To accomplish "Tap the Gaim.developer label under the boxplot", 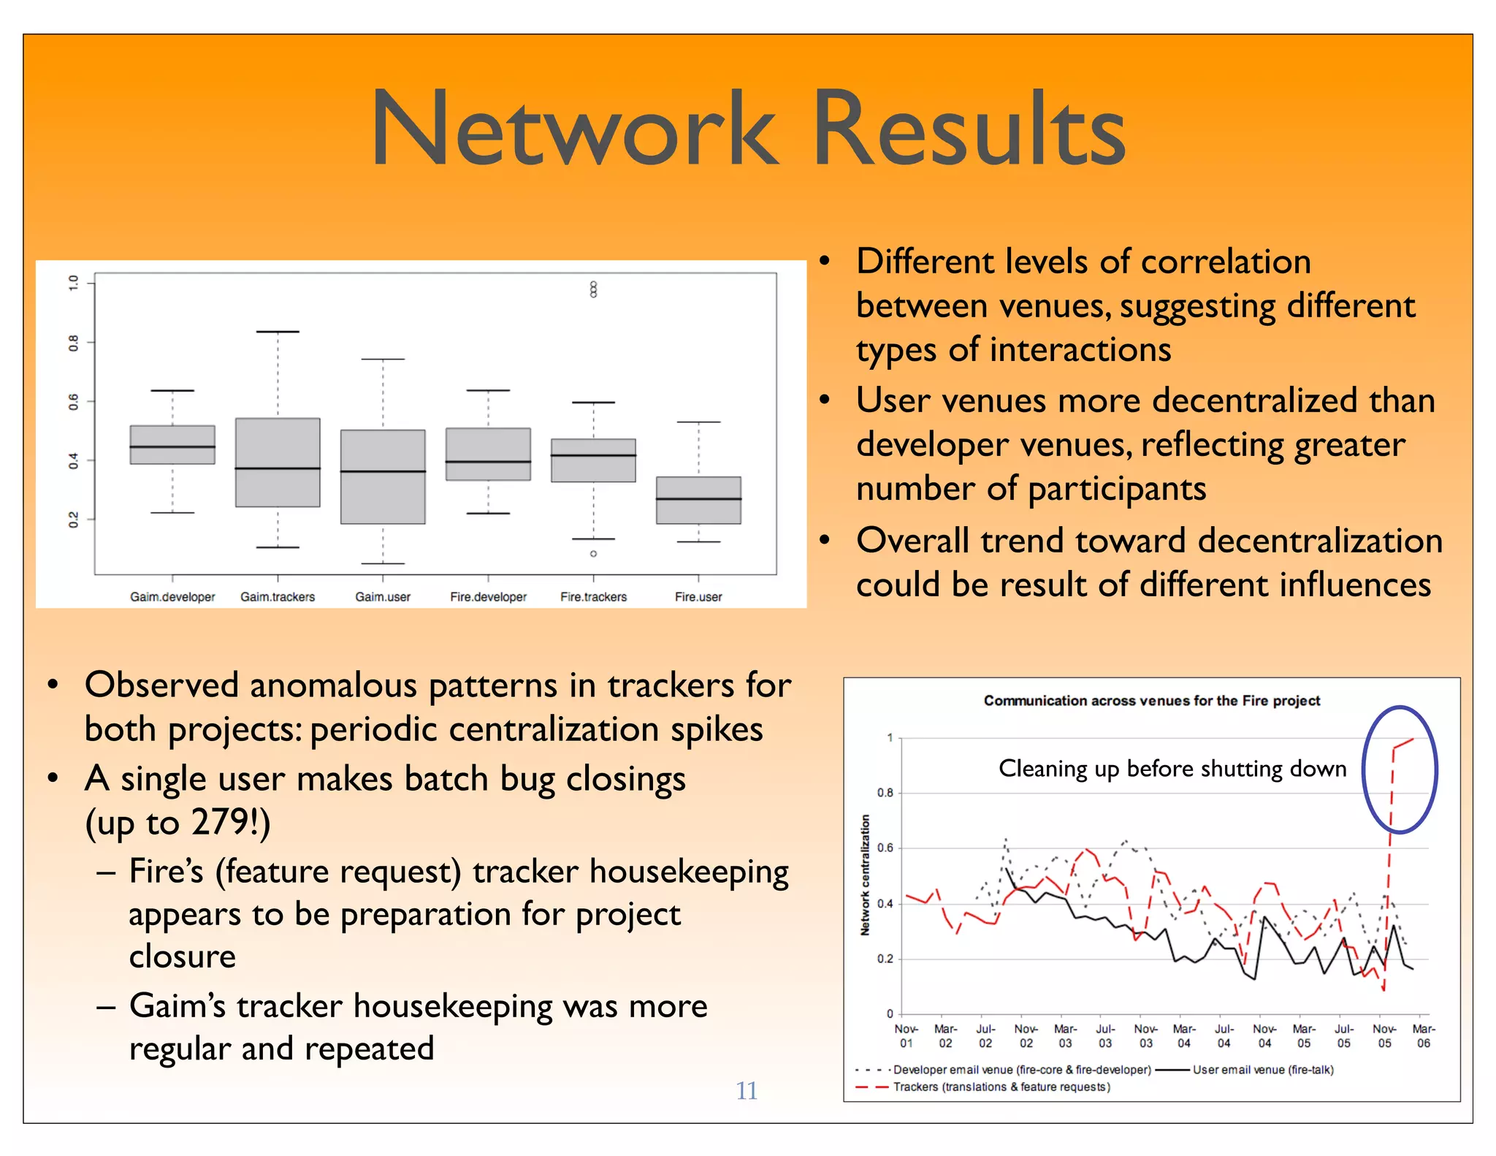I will (x=172, y=597).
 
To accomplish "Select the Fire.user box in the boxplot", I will (x=698, y=501).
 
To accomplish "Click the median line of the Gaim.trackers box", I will (x=278, y=468).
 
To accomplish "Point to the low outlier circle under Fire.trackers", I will (x=593, y=554).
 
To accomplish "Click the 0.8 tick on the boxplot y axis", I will (x=73, y=342).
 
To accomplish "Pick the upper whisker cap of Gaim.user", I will (x=383, y=360).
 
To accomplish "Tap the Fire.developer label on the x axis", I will (x=488, y=597).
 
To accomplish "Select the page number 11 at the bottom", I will (x=746, y=1090).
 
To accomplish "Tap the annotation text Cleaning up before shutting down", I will (x=1172, y=769).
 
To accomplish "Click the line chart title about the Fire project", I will (x=1151, y=701).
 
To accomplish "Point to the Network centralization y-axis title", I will (x=866, y=875).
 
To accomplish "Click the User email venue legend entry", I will (x=1262, y=1070).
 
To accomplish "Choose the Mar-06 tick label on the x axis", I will (x=1423, y=1036).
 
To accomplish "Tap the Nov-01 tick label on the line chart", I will (x=906, y=1036).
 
